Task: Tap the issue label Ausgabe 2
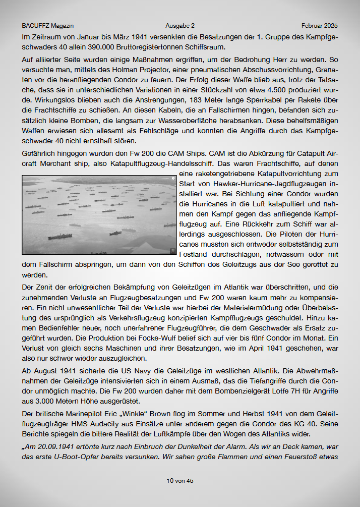pyautogui.click(x=180, y=26)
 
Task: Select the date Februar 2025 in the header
pyautogui.click(x=320, y=26)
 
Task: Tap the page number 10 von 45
pyautogui.click(x=180, y=481)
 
